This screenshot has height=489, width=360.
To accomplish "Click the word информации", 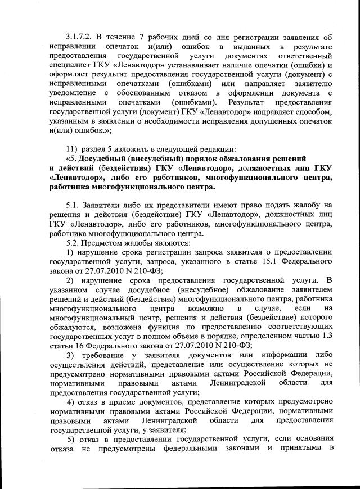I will coord(277,356).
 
